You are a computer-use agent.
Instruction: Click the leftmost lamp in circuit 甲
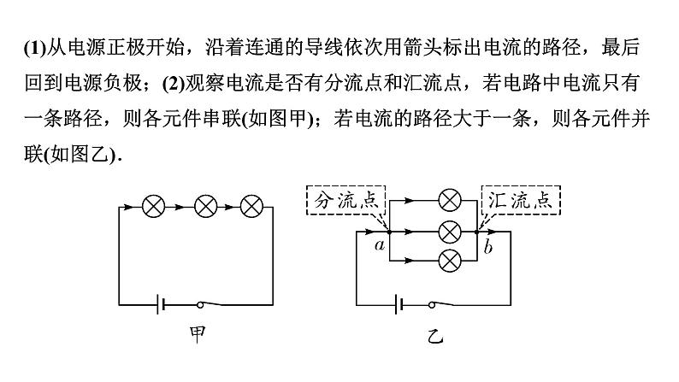click(x=154, y=206)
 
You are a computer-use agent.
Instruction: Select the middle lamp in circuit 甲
click(x=206, y=206)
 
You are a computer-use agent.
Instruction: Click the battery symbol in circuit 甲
click(x=159, y=304)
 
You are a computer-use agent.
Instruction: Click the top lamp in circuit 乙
click(x=448, y=202)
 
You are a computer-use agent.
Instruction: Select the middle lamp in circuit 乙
click(x=448, y=231)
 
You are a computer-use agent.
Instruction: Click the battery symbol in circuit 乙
click(x=398, y=304)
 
